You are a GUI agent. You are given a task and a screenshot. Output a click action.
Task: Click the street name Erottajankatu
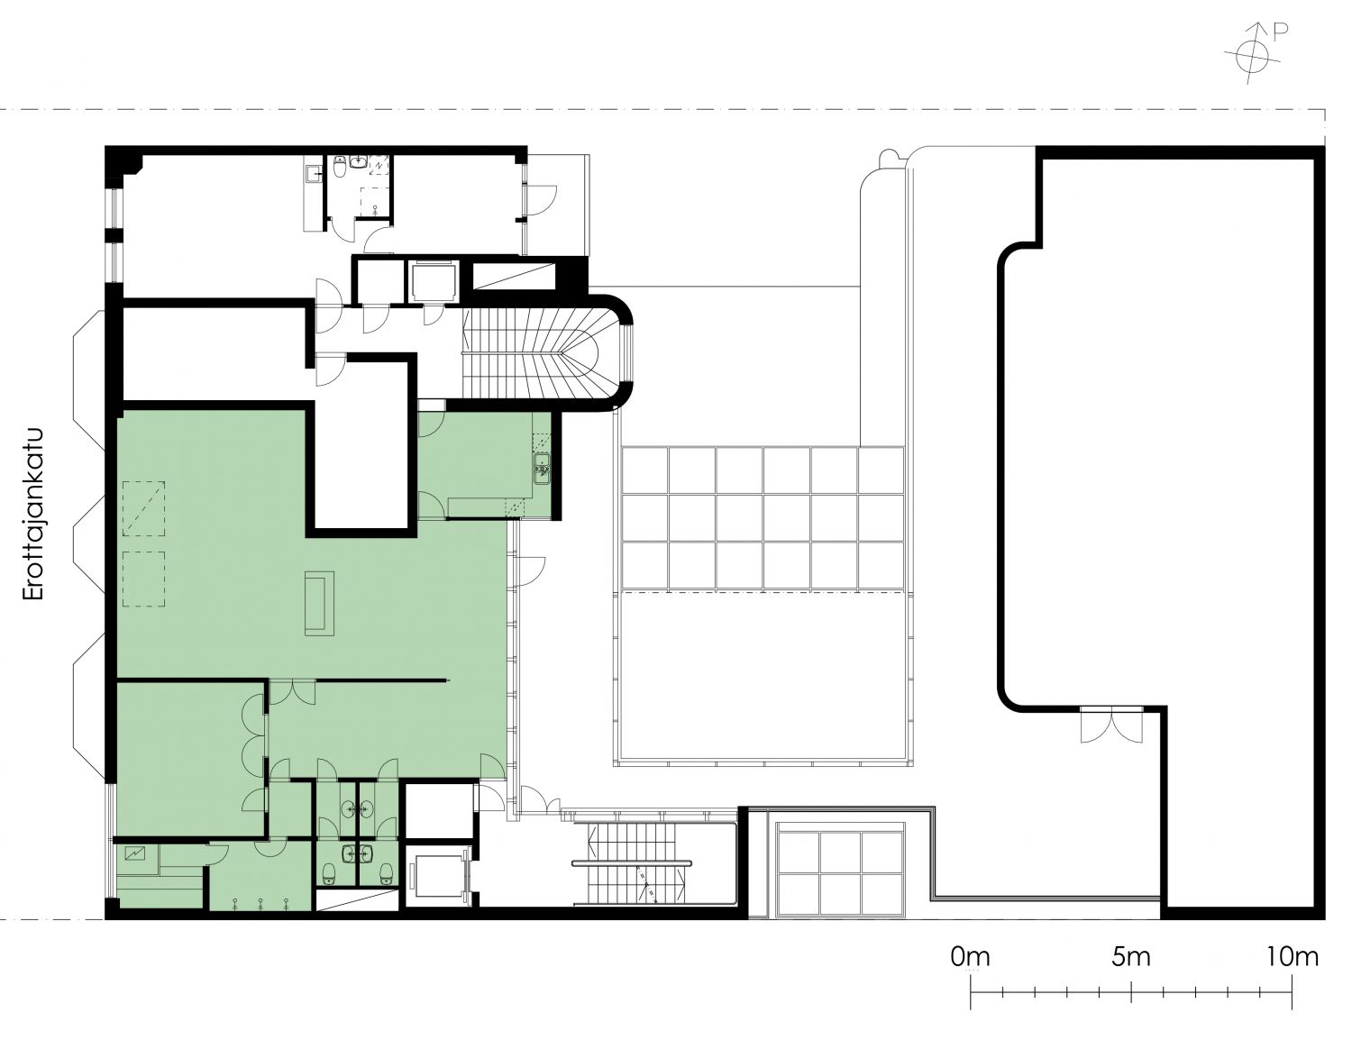33,513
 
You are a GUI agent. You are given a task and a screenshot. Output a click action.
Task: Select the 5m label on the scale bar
1130,957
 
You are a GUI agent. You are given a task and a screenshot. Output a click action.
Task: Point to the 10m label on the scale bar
1292,957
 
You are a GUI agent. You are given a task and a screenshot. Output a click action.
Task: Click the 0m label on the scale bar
970,957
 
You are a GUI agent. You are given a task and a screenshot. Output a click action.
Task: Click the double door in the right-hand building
1111,725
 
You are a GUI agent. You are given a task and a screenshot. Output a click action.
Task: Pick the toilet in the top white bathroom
340,166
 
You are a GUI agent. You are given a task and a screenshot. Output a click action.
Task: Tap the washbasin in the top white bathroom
360,162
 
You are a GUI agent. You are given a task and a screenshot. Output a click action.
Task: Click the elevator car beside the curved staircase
433,280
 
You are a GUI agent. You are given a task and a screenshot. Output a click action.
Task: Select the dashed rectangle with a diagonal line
143,508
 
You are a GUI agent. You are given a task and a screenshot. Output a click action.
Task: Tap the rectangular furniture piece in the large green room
319,603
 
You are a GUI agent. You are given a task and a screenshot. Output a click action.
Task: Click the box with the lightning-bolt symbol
135,854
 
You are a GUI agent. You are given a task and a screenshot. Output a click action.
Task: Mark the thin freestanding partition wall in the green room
383,681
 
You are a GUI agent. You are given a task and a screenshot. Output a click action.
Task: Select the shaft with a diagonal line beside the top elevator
514,276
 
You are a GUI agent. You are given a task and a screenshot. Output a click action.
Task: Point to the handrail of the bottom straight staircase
632,863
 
